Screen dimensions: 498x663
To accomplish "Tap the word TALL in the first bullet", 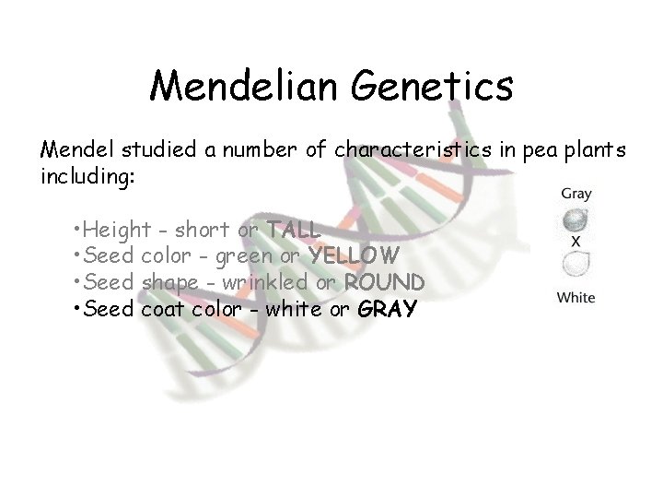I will point(293,230).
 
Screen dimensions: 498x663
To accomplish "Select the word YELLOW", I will point(354,255).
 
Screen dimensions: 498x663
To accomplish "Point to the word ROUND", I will point(385,281).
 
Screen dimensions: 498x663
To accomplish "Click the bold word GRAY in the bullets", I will point(387,308).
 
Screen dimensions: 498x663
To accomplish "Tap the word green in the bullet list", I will point(240,255).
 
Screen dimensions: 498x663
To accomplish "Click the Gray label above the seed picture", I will point(576,195).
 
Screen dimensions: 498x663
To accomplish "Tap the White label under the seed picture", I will point(576,297).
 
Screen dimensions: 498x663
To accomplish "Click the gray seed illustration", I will point(576,219).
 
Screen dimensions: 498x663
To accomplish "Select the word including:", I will point(88,175).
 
